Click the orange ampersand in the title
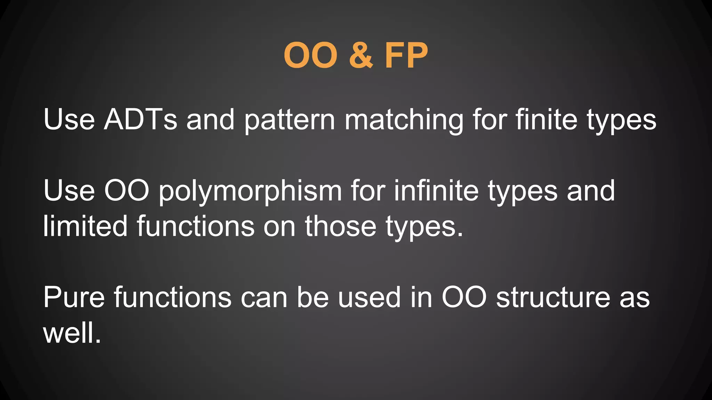[361, 56]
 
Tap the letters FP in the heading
[406, 56]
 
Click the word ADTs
[140, 119]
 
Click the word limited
[86, 226]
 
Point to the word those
[341, 226]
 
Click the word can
[264, 298]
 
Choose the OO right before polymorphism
[127, 191]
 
